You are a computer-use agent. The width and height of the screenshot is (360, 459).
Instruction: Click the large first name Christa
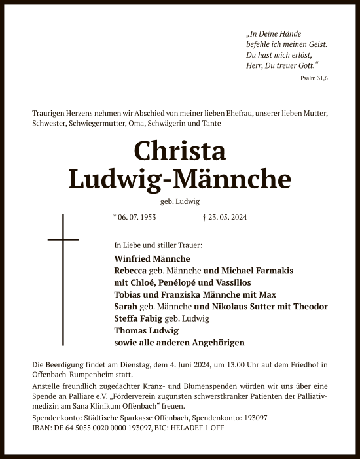180,151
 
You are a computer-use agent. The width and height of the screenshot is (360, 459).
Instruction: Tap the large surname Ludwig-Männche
180,178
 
